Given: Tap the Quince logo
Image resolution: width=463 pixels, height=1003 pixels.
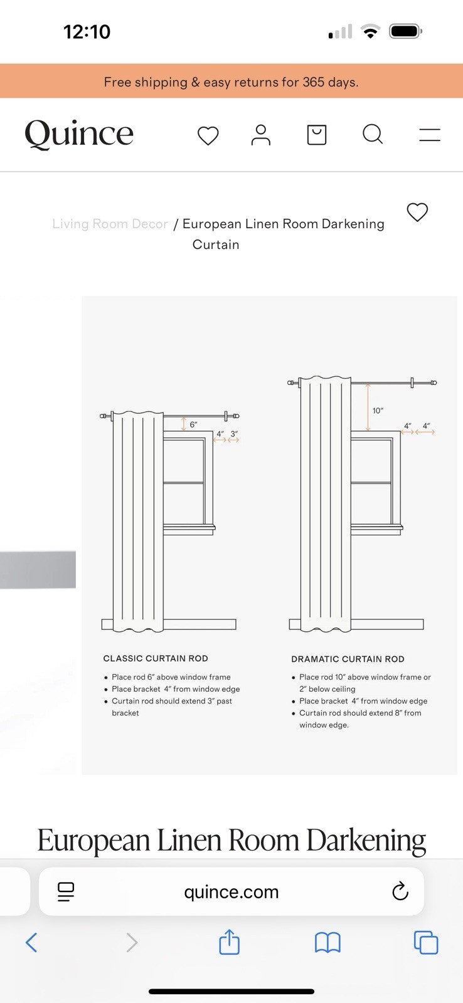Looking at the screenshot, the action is pyautogui.click(x=79, y=134).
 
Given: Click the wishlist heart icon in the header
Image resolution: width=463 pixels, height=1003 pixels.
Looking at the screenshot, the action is pyautogui.click(x=208, y=135).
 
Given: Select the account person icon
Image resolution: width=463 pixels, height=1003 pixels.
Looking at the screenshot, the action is pyautogui.click(x=260, y=135).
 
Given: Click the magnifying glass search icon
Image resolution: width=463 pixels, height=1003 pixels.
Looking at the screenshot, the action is pyautogui.click(x=373, y=134).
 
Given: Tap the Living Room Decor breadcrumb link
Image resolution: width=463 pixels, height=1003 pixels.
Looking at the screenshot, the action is pyautogui.click(x=110, y=223).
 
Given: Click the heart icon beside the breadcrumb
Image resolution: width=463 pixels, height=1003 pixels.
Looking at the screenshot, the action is pyautogui.click(x=417, y=212).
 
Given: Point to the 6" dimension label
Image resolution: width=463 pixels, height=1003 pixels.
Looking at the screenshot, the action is pyautogui.click(x=193, y=424).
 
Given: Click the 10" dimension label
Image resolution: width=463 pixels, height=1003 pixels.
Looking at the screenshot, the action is pyautogui.click(x=378, y=411).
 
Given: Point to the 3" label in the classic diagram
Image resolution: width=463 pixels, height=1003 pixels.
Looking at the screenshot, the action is pyautogui.click(x=234, y=434).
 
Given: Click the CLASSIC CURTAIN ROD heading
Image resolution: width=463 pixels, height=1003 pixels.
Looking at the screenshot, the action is pyautogui.click(x=156, y=658).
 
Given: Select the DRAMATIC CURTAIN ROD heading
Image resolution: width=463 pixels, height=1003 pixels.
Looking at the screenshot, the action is pyautogui.click(x=348, y=659).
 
